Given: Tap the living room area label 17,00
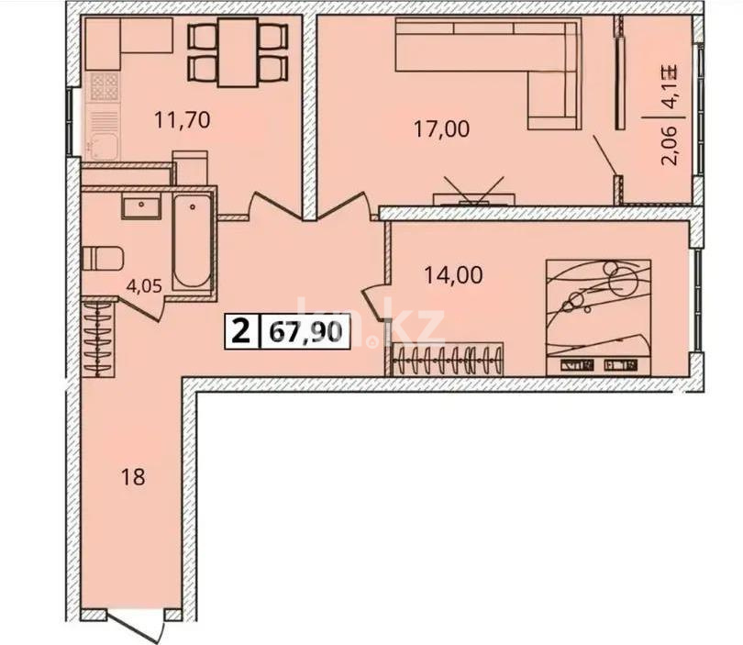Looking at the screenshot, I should point(441,129).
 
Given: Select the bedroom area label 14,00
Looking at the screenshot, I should point(453,273).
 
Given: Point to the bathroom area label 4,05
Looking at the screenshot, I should point(144,285).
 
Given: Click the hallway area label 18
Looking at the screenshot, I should point(134,477).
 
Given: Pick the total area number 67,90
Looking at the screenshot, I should point(306,330).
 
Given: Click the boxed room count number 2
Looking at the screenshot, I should point(240,330).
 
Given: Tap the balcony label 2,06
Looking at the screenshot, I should point(670,145).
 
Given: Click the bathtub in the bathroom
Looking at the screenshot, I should point(193,240).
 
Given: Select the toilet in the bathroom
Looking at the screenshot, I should point(102,259).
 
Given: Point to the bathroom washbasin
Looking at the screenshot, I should point(141,207).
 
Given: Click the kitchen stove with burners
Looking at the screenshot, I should point(105,87).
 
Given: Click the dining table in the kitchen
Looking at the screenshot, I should point(238,52).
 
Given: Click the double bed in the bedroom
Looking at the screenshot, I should point(598,317).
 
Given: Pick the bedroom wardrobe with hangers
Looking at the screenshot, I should point(449,359).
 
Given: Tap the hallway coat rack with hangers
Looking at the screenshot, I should point(98,338).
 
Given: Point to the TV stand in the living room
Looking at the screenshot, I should point(474,197).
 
